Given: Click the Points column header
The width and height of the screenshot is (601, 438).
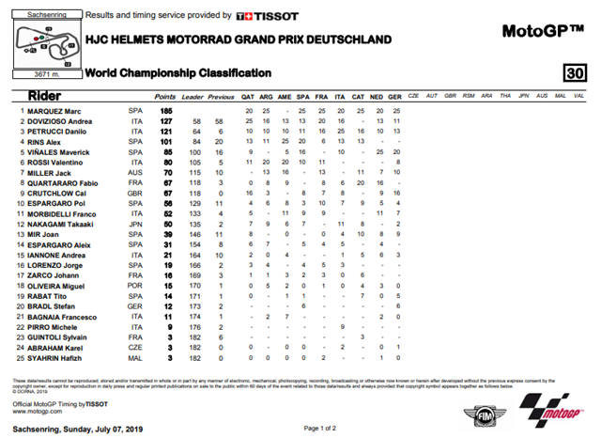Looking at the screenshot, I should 165,96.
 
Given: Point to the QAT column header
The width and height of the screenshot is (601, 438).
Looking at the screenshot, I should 249,96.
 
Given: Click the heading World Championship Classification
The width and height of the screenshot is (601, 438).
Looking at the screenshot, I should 178,73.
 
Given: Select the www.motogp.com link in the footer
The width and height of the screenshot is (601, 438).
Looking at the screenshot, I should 32,410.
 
